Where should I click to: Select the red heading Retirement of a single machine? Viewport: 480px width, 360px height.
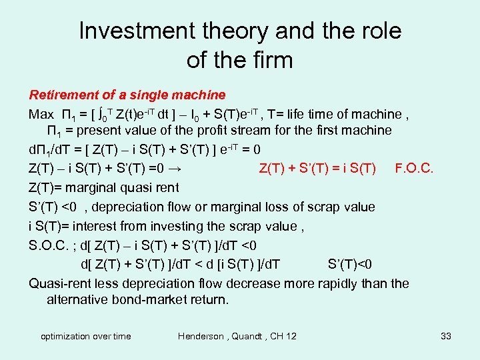click(127, 95)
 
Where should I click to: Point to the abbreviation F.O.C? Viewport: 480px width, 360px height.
click(414, 167)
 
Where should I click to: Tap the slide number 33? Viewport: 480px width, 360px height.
click(446, 336)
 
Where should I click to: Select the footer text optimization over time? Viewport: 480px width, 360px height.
click(86, 336)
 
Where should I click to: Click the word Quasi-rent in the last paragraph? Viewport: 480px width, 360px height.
click(59, 283)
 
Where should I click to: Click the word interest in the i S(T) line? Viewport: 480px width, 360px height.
click(98, 226)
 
